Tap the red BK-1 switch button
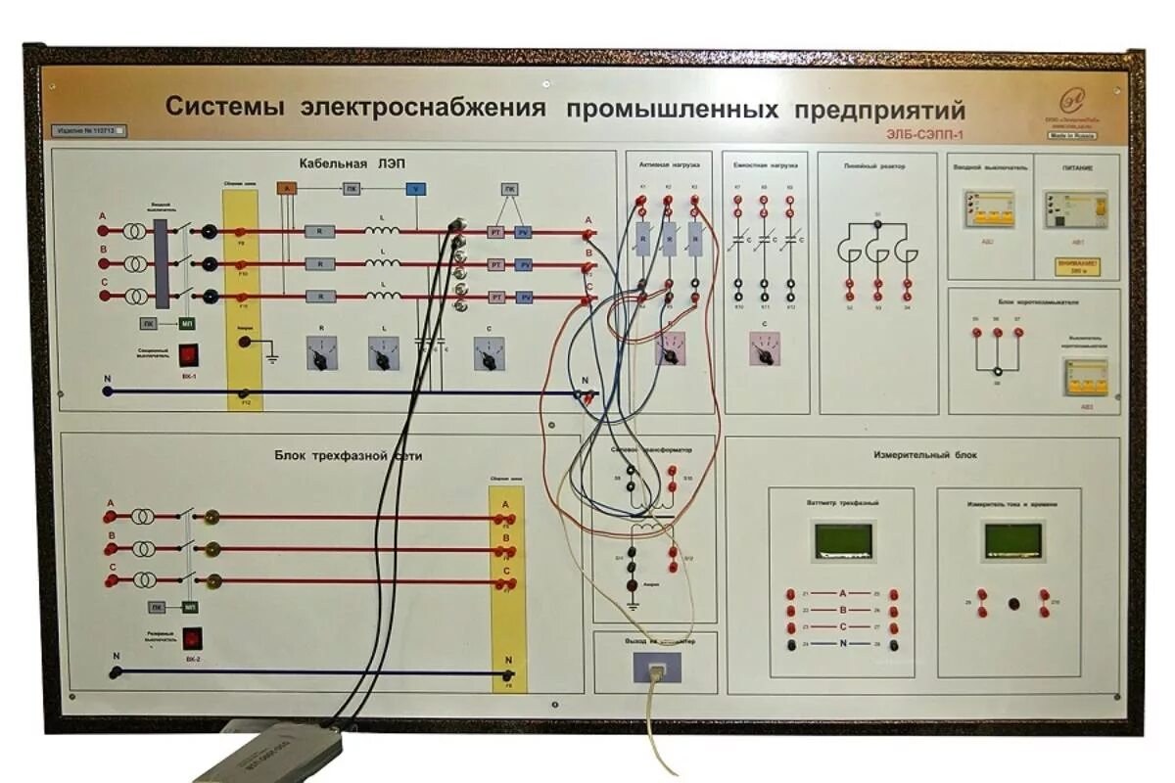pyautogui.click(x=189, y=352)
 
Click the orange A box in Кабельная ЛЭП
pyautogui.click(x=286, y=188)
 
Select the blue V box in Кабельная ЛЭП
pyautogui.click(x=416, y=188)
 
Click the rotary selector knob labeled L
pyautogui.click(x=383, y=354)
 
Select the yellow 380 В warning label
pyautogui.click(x=1076, y=265)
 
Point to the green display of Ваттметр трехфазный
pyautogui.click(x=843, y=539)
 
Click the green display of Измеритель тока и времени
pyautogui.click(x=1012, y=539)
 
